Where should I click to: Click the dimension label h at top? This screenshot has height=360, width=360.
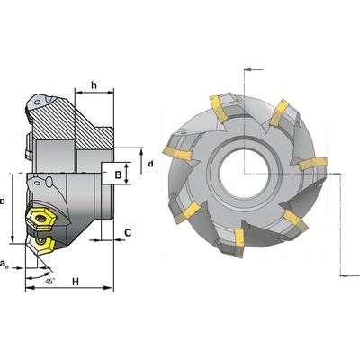(94, 85)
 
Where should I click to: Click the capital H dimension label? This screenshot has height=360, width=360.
(76, 282)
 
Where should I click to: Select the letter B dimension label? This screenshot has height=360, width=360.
(119, 175)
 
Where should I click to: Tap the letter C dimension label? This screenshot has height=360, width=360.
(128, 233)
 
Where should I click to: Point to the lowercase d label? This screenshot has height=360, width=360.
(150, 164)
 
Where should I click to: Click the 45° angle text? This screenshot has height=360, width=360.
(50, 281)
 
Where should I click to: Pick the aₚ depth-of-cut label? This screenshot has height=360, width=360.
(4, 264)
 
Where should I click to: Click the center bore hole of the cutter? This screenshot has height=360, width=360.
(245, 174)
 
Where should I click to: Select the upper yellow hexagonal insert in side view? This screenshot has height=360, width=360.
(40, 220)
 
